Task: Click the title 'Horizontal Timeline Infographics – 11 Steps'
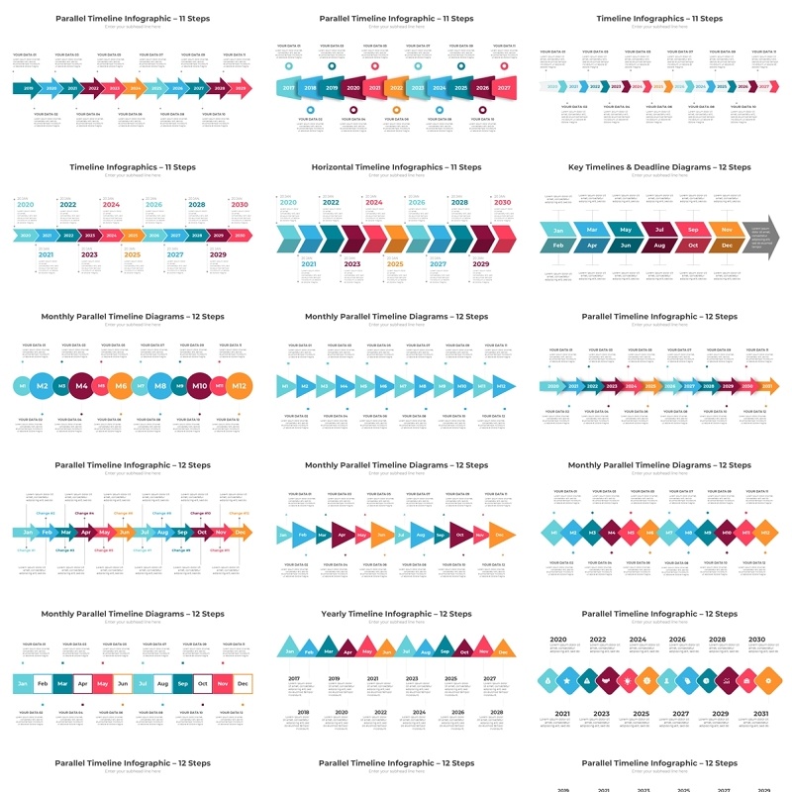click(396, 167)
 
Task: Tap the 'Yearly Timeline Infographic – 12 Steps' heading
click(396, 614)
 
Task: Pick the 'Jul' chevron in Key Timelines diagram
click(658, 230)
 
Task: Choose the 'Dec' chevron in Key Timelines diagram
click(727, 245)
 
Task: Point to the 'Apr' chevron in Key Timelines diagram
click(592, 245)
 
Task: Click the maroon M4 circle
click(81, 385)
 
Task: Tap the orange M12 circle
click(239, 385)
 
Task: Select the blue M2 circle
click(43, 385)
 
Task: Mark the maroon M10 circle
click(199, 385)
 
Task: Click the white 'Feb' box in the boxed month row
click(43, 683)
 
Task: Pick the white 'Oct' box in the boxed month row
click(201, 683)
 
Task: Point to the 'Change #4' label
click(123, 514)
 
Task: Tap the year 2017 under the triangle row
click(294, 678)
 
